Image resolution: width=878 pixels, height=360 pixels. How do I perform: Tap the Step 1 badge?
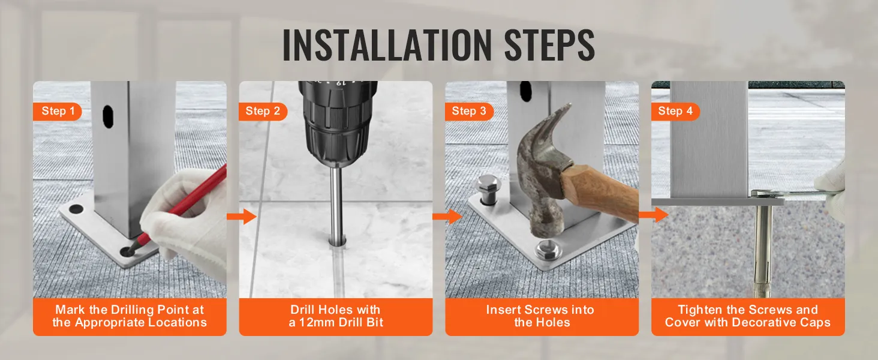(x=58, y=111)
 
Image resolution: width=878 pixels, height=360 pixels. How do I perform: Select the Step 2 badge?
(x=263, y=111)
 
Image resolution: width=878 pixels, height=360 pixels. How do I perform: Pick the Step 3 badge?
(x=469, y=111)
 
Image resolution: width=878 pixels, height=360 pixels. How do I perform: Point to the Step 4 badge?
(x=675, y=111)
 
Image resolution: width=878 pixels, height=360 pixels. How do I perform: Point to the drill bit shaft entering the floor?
(x=338, y=204)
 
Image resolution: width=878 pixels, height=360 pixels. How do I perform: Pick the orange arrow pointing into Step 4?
(x=653, y=215)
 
